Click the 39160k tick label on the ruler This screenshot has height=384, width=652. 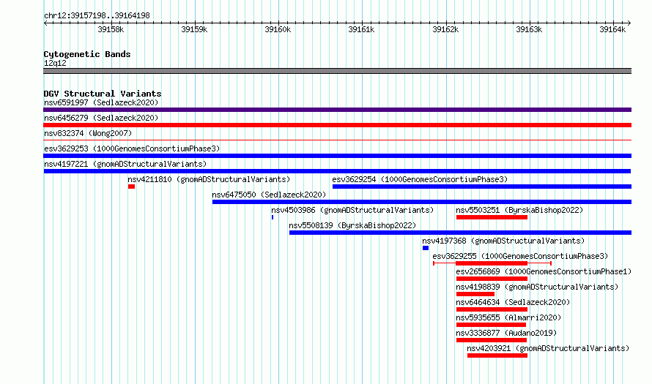(278, 29)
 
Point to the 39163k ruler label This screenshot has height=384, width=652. (529, 29)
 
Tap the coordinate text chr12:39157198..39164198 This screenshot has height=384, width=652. (97, 16)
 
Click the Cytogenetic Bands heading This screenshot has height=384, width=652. (87, 54)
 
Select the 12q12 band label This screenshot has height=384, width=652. (55, 63)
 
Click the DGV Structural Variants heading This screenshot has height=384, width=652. (103, 94)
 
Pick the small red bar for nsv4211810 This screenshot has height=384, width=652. (131, 187)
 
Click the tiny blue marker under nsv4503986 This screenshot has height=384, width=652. (273, 217)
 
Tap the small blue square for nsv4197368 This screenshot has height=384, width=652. (426, 248)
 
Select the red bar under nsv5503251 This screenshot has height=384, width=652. (492, 217)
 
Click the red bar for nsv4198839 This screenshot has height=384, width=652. (475, 294)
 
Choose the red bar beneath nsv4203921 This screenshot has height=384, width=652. (497, 355)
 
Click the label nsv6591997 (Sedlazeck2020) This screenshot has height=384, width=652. (101, 102)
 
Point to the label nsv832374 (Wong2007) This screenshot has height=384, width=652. (88, 133)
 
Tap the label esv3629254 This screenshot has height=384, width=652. (354, 179)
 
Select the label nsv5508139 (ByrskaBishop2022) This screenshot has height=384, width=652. (352, 225)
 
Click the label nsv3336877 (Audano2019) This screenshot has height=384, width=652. (506, 333)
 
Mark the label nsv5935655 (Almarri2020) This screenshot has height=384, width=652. (508, 317)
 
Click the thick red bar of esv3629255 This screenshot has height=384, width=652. (492, 263)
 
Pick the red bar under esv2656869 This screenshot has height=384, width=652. (492, 279)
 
